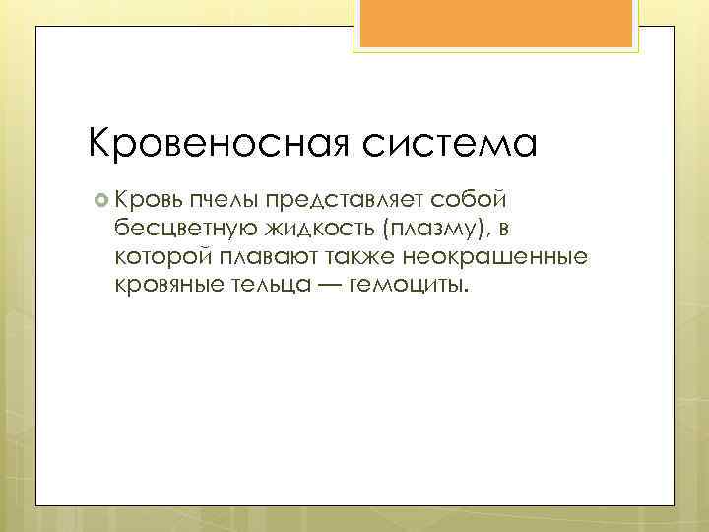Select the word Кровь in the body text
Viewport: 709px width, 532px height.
tap(147, 200)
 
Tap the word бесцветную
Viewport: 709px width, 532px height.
tap(182, 230)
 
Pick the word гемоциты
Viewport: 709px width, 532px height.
tap(404, 286)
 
